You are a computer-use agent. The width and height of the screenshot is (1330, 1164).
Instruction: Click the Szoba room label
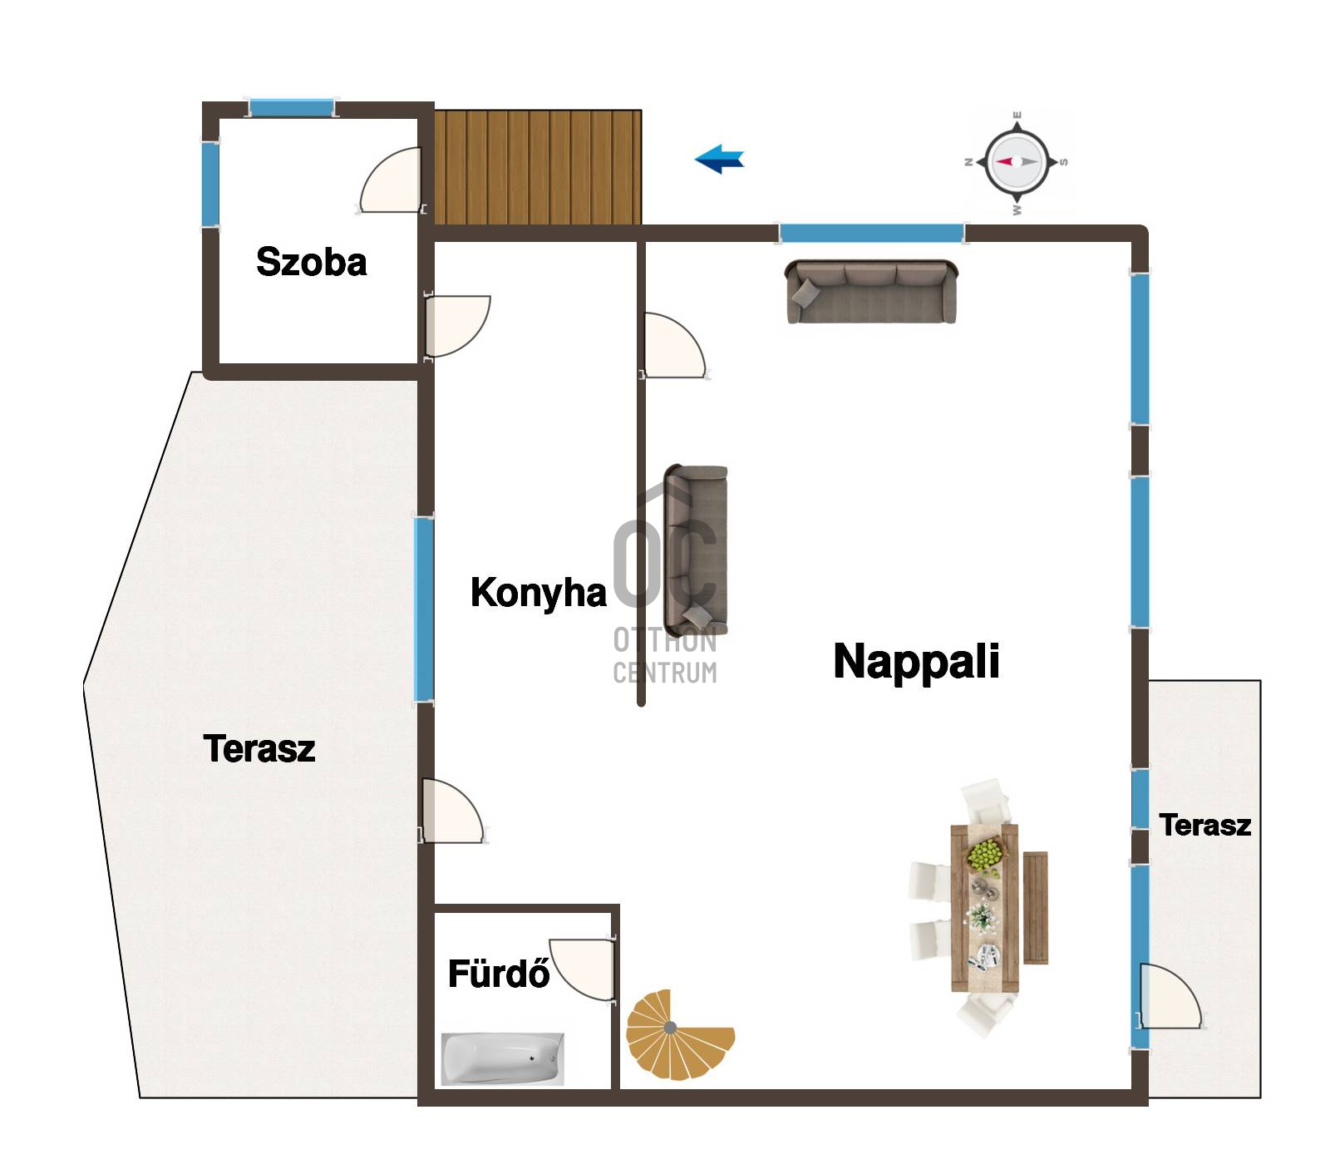tap(311, 262)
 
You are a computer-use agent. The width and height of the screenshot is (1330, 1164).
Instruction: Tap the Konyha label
tap(538, 594)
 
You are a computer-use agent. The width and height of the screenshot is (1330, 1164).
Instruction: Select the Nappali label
tap(916, 661)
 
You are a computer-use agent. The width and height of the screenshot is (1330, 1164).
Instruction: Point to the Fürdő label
tap(499, 973)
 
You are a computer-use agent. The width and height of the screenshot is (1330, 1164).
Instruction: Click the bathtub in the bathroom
tap(503, 1058)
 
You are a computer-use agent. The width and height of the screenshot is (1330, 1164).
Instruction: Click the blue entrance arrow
tap(719, 158)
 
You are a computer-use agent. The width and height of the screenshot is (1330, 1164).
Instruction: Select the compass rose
tap(1017, 162)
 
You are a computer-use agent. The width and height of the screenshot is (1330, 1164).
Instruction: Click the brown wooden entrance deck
tap(538, 167)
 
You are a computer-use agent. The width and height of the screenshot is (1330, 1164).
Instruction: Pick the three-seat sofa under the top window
tap(871, 292)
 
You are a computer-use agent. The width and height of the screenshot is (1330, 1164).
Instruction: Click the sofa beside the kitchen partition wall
tap(696, 550)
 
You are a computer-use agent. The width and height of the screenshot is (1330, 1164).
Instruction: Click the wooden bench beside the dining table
tap(1036, 907)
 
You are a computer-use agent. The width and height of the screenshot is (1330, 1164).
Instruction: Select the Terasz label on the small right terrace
tap(1204, 825)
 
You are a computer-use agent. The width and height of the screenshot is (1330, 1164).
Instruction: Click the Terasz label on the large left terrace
tap(259, 748)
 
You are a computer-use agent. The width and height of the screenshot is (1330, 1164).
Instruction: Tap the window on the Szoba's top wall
tap(291, 108)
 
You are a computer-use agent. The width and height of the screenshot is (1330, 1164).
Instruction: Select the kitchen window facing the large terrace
tap(424, 609)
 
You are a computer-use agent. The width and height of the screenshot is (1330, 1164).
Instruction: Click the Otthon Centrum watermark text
tap(665, 656)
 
